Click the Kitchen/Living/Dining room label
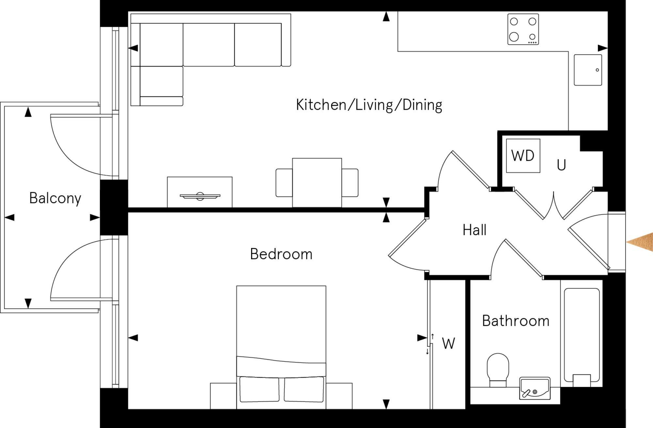(369, 105)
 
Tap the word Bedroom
(281, 254)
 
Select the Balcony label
(55, 198)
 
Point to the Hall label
(474, 230)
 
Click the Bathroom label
(516, 321)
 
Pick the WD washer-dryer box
(523, 156)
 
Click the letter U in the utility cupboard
(561, 165)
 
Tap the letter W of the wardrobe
(448, 344)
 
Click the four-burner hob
(523, 29)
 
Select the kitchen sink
(588, 70)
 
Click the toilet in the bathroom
(498, 370)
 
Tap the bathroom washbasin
(535, 388)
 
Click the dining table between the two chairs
(317, 183)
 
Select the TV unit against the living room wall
(200, 192)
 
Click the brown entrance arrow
(640, 242)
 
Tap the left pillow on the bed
(260, 389)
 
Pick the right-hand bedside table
(339, 396)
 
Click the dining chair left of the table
(284, 183)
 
